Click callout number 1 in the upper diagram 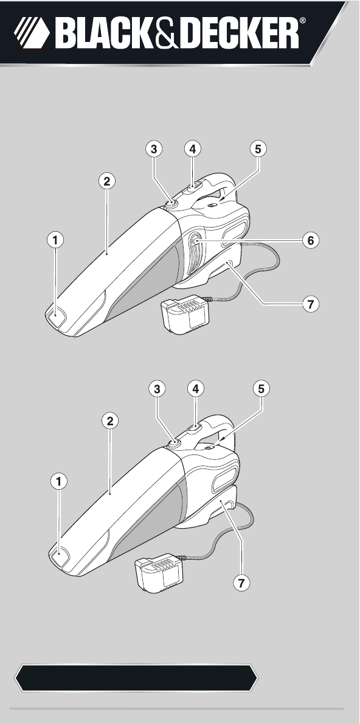(x=55, y=240)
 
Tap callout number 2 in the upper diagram (x=106, y=181)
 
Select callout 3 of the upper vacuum (x=154, y=148)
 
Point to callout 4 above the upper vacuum (x=192, y=148)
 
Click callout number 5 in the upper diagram (x=258, y=148)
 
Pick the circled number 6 (x=311, y=240)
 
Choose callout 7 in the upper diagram (x=311, y=304)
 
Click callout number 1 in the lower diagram (x=58, y=482)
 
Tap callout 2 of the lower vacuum (x=110, y=421)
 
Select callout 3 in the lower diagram (x=157, y=389)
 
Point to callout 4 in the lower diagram (x=196, y=389)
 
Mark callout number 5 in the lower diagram (x=261, y=389)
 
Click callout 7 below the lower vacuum (x=241, y=583)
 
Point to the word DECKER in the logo (x=238, y=33)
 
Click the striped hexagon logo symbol (x=32, y=33)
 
